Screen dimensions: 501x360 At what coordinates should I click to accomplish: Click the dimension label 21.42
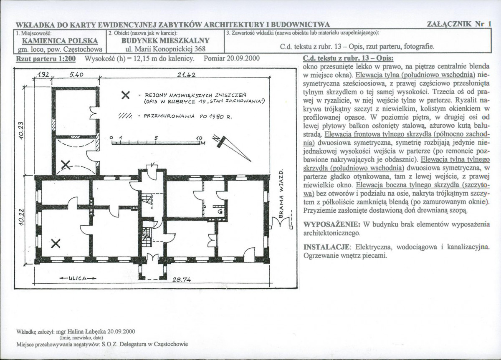tap(186, 75)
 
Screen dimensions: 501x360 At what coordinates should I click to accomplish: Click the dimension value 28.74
tap(182, 279)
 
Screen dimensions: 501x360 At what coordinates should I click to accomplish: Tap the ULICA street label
tap(78, 278)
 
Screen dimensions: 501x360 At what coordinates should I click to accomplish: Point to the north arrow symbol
tap(231, 148)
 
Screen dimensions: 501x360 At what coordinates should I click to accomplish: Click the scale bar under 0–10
tap(156, 143)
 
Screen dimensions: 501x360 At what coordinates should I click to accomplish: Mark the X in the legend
tap(126, 95)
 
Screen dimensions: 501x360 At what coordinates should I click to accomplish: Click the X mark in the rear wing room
tap(66, 165)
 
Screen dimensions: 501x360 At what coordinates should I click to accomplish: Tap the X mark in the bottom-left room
tap(56, 243)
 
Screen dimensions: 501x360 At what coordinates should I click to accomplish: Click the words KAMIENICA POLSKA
tap(60, 41)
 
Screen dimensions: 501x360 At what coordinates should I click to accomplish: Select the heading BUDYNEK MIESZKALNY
tap(165, 40)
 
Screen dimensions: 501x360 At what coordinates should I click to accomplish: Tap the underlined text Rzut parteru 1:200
tap(46, 59)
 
